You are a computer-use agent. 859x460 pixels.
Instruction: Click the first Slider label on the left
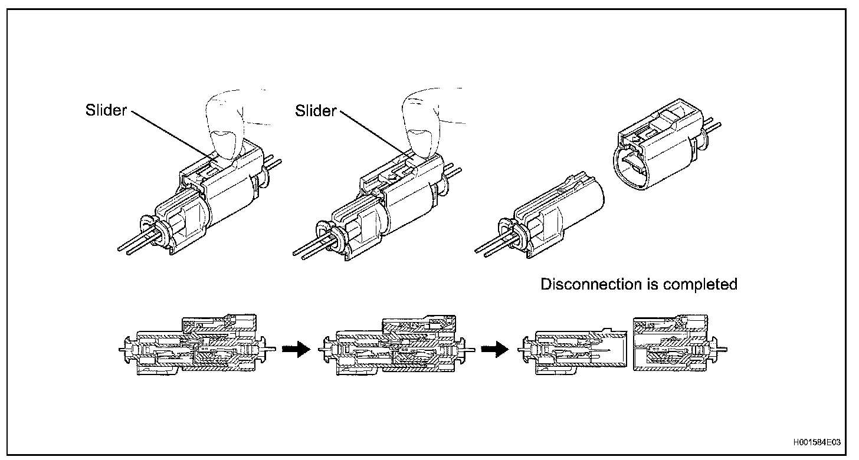[106, 110]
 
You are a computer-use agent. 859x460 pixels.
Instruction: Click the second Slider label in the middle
[316, 110]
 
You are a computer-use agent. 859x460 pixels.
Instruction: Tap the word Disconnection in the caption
[591, 284]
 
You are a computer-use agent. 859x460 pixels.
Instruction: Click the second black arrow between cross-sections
[494, 350]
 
